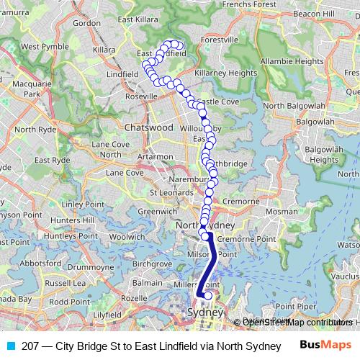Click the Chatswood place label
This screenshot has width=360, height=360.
click(149, 127)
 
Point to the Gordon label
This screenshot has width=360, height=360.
click(86, 23)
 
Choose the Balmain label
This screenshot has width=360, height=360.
click(147, 283)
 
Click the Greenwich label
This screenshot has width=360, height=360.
click(153, 212)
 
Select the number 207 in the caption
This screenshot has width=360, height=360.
click(30, 345)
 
